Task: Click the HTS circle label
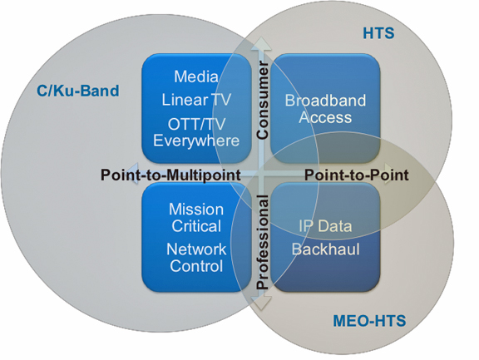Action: click(378, 33)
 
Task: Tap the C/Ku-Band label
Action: click(78, 91)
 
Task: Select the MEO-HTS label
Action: click(369, 321)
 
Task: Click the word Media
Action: click(196, 76)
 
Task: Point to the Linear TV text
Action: click(196, 100)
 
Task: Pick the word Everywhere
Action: click(196, 141)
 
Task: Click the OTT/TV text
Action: click(196, 124)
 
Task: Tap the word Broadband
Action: click(325, 101)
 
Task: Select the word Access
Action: click(325, 117)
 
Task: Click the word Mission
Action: click(196, 210)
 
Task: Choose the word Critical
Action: click(196, 226)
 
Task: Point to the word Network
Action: click(196, 249)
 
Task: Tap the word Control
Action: click(196, 266)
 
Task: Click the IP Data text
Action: click(325, 226)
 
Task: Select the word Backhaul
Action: click(325, 249)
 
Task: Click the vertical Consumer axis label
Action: click(262, 100)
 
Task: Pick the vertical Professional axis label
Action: click(262, 242)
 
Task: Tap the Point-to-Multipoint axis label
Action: click(170, 175)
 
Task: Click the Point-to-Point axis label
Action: click(357, 175)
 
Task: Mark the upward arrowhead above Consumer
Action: click(261, 43)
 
